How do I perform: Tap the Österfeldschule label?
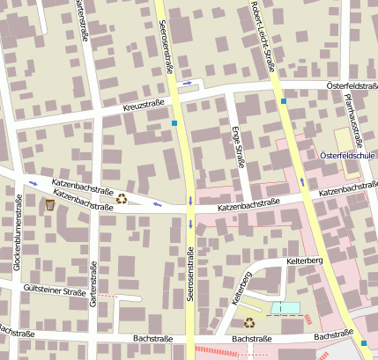click(x=348, y=156)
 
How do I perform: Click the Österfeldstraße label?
click(x=352, y=85)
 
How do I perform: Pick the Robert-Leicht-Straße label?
click(x=267, y=35)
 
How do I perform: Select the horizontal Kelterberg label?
click(x=305, y=262)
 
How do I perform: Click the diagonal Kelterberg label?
click(x=241, y=287)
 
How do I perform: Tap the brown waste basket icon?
click(x=50, y=204)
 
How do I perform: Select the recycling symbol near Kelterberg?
click(x=249, y=322)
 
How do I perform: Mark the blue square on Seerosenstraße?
click(x=175, y=123)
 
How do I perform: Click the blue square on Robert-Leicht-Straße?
click(x=284, y=101)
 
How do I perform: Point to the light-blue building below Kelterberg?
click(x=286, y=307)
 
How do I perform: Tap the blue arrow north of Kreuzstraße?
click(x=187, y=84)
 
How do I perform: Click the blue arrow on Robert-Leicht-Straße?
click(x=302, y=181)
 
